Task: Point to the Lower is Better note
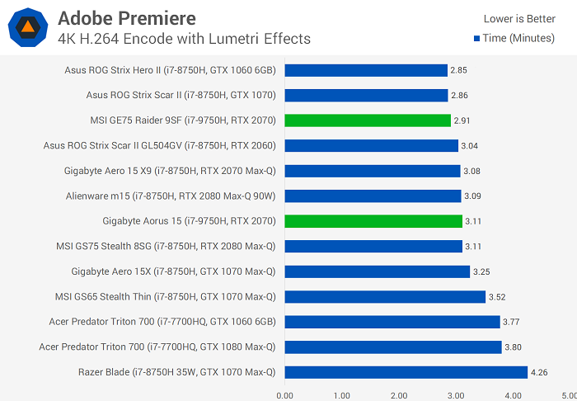click(519, 18)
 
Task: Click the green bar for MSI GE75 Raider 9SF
click(368, 120)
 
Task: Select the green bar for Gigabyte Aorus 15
click(373, 221)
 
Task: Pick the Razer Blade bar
click(406, 372)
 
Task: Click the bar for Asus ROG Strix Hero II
click(366, 70)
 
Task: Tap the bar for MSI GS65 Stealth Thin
click(385, 296)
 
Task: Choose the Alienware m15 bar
click(373, 196)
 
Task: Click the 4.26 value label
click(539, 372)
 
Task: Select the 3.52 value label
click(497, 296)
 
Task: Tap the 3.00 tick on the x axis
click(456, 395)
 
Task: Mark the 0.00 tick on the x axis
click(285, 395)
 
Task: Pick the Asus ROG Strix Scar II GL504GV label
click(159, 146)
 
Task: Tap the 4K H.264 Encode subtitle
click(185, 38)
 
